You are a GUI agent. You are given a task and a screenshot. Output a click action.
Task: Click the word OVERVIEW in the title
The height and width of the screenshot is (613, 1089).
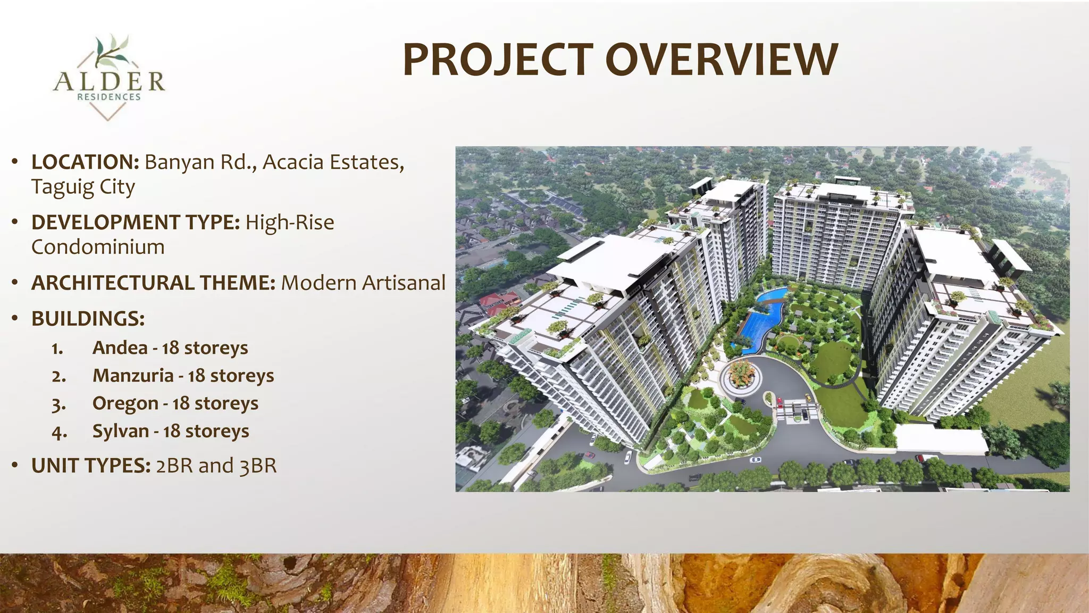click(x=722, y=60)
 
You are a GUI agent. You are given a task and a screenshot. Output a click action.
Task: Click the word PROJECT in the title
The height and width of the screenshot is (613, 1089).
click(x=498, y=60)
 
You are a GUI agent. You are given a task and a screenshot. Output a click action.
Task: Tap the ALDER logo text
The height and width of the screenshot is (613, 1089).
click(x=109, y=82)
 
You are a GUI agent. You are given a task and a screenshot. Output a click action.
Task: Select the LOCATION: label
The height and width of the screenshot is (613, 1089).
click(x=85, y=162)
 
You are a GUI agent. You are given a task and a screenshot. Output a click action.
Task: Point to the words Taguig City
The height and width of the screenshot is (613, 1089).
click(x=83, y=187)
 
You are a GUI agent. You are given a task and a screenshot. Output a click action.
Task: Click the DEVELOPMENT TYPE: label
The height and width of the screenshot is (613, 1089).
click(x=136, y=222)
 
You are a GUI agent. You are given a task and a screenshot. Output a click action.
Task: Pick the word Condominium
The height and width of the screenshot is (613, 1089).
click(x=98, y=247)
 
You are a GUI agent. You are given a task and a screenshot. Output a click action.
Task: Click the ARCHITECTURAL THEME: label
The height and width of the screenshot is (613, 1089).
click(x=153, y=283)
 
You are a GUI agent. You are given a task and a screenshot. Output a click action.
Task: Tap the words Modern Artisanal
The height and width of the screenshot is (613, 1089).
click(x=363, y=283)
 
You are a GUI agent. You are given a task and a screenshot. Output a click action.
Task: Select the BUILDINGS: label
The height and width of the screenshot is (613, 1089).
click(x=88, y=318)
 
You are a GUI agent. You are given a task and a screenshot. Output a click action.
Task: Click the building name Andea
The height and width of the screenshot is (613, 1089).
click(x=120, y=347)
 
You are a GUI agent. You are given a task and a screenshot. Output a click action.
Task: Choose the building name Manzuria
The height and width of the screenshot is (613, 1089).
click(x=133, y=375)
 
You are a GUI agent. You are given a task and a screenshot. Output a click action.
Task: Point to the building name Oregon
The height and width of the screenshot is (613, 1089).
click(x=125, y=403)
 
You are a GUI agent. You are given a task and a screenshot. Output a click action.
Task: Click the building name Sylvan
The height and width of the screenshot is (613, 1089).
click(x=121, y=431)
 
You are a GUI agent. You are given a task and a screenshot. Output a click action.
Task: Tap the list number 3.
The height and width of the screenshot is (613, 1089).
click(x=58, y=404)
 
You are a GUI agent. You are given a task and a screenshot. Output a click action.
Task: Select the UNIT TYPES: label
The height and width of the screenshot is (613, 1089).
click(x=91, y=466)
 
